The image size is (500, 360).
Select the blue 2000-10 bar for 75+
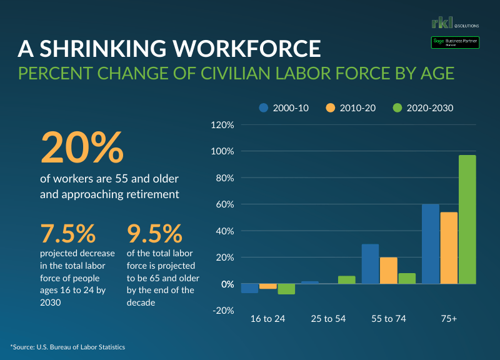(431, 244)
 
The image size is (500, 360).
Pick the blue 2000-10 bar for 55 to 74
(371, 264)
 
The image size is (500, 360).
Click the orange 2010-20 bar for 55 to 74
(389, 271)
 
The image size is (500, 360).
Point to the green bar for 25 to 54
(347, 280)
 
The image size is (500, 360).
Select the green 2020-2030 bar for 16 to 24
(286, 289)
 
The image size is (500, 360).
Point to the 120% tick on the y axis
(223, 125)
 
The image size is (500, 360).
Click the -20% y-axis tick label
(223, 311)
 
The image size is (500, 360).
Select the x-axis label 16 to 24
(267, 319)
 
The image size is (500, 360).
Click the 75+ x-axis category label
(449, 319)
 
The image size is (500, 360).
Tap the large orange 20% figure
(82, 146)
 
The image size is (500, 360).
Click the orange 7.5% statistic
(68, 234)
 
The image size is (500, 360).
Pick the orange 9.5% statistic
(154, 234)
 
